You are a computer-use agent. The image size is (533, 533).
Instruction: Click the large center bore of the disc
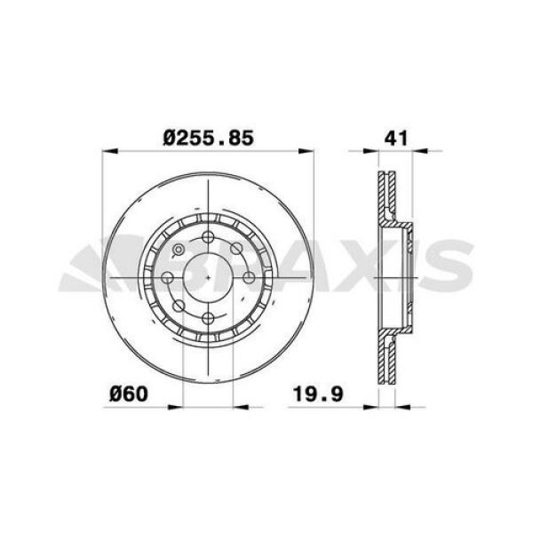(x=208, y=277)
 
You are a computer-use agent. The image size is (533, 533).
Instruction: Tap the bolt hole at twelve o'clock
(x=208, y=236)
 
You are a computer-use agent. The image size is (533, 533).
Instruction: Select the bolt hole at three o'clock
(x=249, y=277)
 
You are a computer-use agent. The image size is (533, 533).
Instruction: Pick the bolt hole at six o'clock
(x=208, y=318)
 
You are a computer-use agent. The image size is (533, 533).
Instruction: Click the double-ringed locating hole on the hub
(x=179, y=249)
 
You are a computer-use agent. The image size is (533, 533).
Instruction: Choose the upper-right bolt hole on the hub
(x=236, y=249)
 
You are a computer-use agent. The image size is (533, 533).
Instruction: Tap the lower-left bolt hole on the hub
(x=179, y=306)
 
